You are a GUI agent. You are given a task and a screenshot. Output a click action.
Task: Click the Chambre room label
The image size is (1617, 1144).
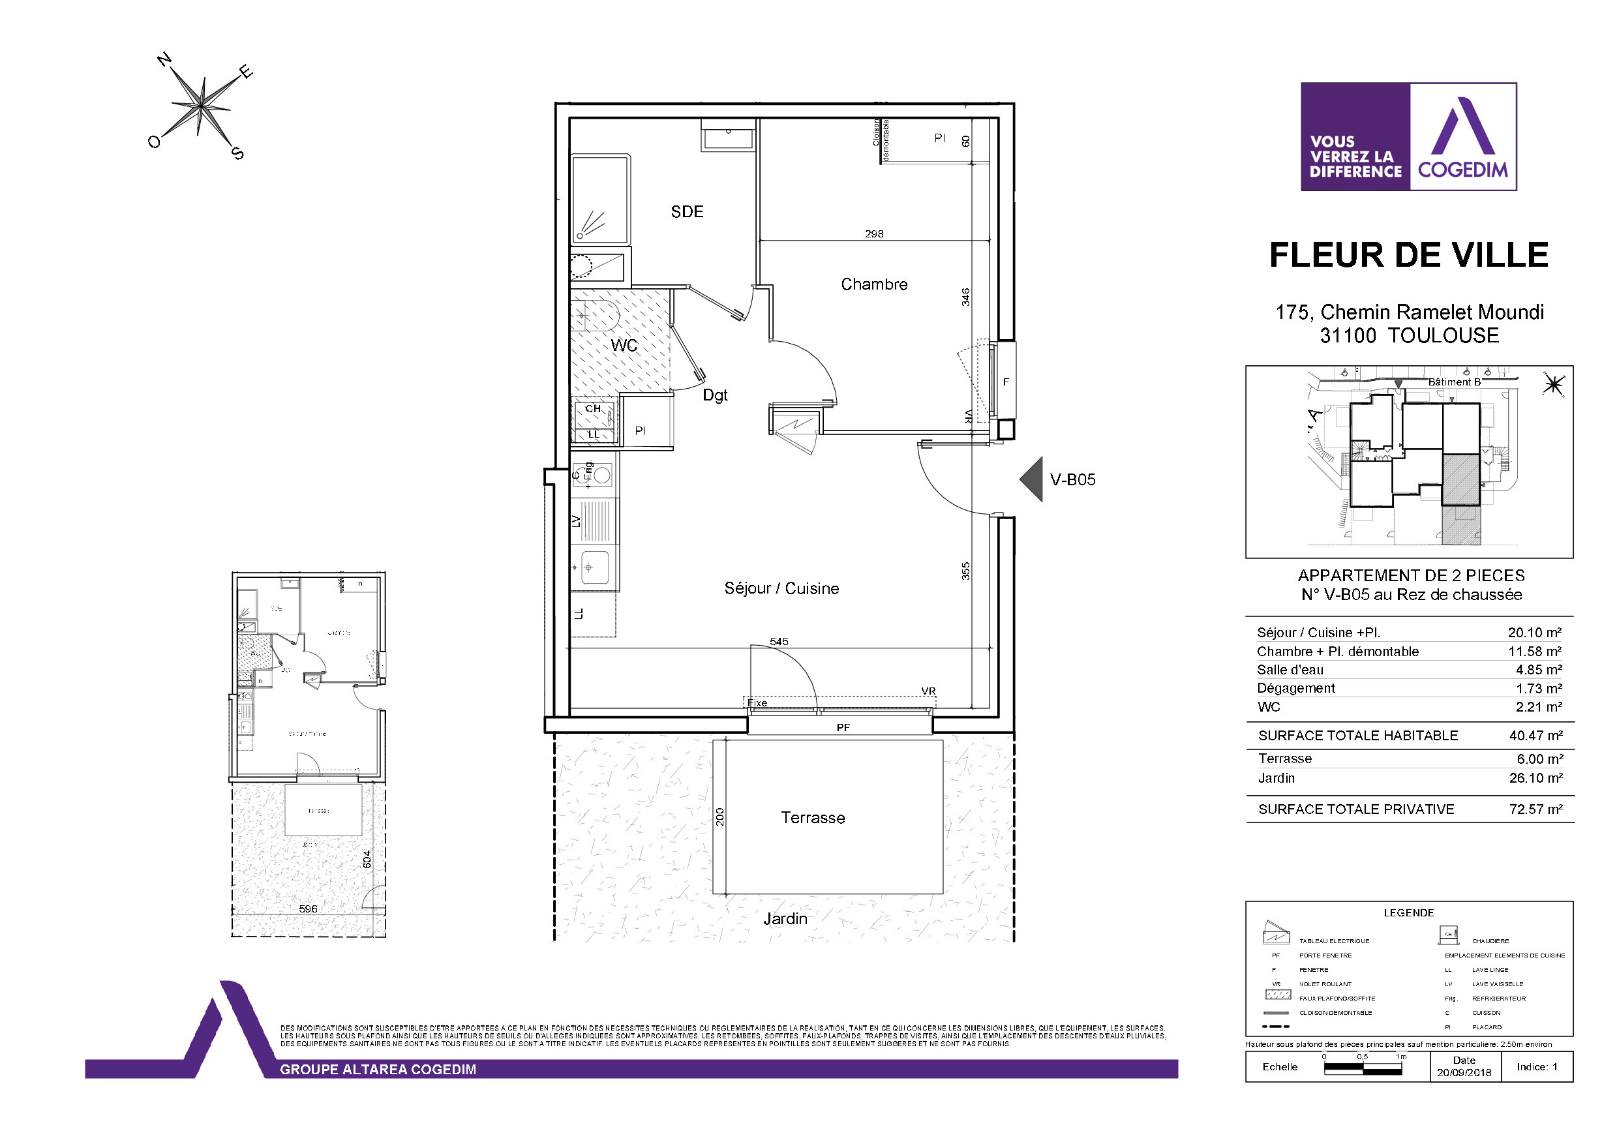pyautogui.click(x=873, y=284)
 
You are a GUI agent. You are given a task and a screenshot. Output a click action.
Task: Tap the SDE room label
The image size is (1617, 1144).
pyautogui.click(x=687, y=212)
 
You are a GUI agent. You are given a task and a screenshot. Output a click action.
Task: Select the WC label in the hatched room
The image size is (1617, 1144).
pyautogui.click(x=624, y=345)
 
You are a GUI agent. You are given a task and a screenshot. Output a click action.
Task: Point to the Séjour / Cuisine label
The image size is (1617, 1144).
pyautogui.click(x=781, y=588)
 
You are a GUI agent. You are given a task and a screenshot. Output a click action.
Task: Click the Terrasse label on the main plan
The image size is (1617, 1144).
pyautogui.click(x=812, y=818)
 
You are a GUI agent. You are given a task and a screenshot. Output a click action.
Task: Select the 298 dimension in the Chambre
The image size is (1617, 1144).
pyautogui.click(x=873, y=234)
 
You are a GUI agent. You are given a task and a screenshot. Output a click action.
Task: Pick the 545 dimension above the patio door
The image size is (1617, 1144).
pyautogui.click(x=779, y=641)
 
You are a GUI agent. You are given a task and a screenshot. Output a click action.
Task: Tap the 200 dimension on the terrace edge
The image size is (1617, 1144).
pyautogui.click(x=720, y=817)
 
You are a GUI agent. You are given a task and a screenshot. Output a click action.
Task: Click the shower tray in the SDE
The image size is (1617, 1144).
pyautogui.click(x=600, y=200)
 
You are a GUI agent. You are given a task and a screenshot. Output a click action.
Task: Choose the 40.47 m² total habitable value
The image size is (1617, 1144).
pyautogui.click(x=1535, y=736)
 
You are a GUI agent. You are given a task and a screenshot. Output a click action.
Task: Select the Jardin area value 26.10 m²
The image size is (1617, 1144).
pyautogui.click(x=1535, y=777)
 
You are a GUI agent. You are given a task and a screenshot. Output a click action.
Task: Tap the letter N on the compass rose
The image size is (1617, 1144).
pyautogui.click(x=165, y=60)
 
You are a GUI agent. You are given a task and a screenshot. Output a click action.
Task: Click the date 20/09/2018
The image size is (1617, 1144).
pyautogui.click(x=1464, y=1073)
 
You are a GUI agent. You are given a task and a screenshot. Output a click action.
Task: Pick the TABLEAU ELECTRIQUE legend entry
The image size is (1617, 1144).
pyautogui.click(x=1335, y=941)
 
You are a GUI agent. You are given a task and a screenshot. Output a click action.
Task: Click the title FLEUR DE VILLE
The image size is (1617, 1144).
pyautogui.click(x=1408, y=255)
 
